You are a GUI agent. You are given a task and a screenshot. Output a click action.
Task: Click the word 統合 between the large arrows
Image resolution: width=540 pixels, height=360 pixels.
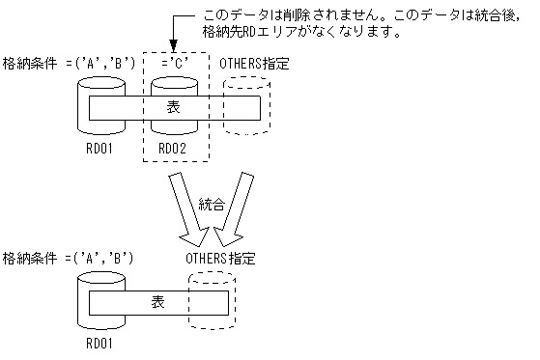pos(212,205)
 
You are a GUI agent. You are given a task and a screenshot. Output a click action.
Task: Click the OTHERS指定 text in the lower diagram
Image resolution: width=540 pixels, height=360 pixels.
pos(220,259)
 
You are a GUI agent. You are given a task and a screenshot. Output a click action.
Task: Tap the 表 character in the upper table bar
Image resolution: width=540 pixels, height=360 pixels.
pos(173,107)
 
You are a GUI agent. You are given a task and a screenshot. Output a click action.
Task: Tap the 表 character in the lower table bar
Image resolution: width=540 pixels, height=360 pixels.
pos(157,301)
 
